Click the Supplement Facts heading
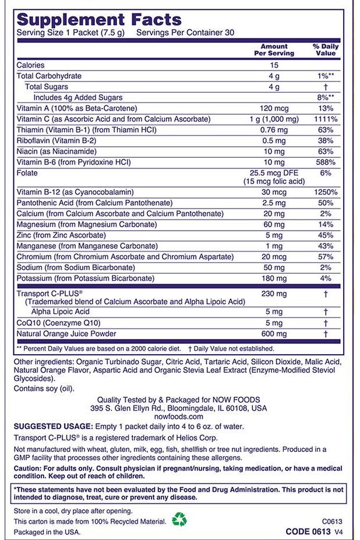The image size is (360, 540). click(99, 20)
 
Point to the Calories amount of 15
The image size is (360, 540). click(273, 65)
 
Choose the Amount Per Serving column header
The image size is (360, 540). click(274, 50)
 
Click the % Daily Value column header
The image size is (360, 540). click(326, 50)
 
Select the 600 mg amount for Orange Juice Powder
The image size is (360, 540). click(273, 334)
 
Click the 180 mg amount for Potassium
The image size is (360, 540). click(273, 278)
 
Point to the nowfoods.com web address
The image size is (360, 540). click(179, 417)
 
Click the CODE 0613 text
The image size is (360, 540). click(308, 532)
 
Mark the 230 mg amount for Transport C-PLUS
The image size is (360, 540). click(273, 294)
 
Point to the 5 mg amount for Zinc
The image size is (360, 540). click(273, 235)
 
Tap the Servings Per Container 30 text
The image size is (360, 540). click(185, 33)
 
